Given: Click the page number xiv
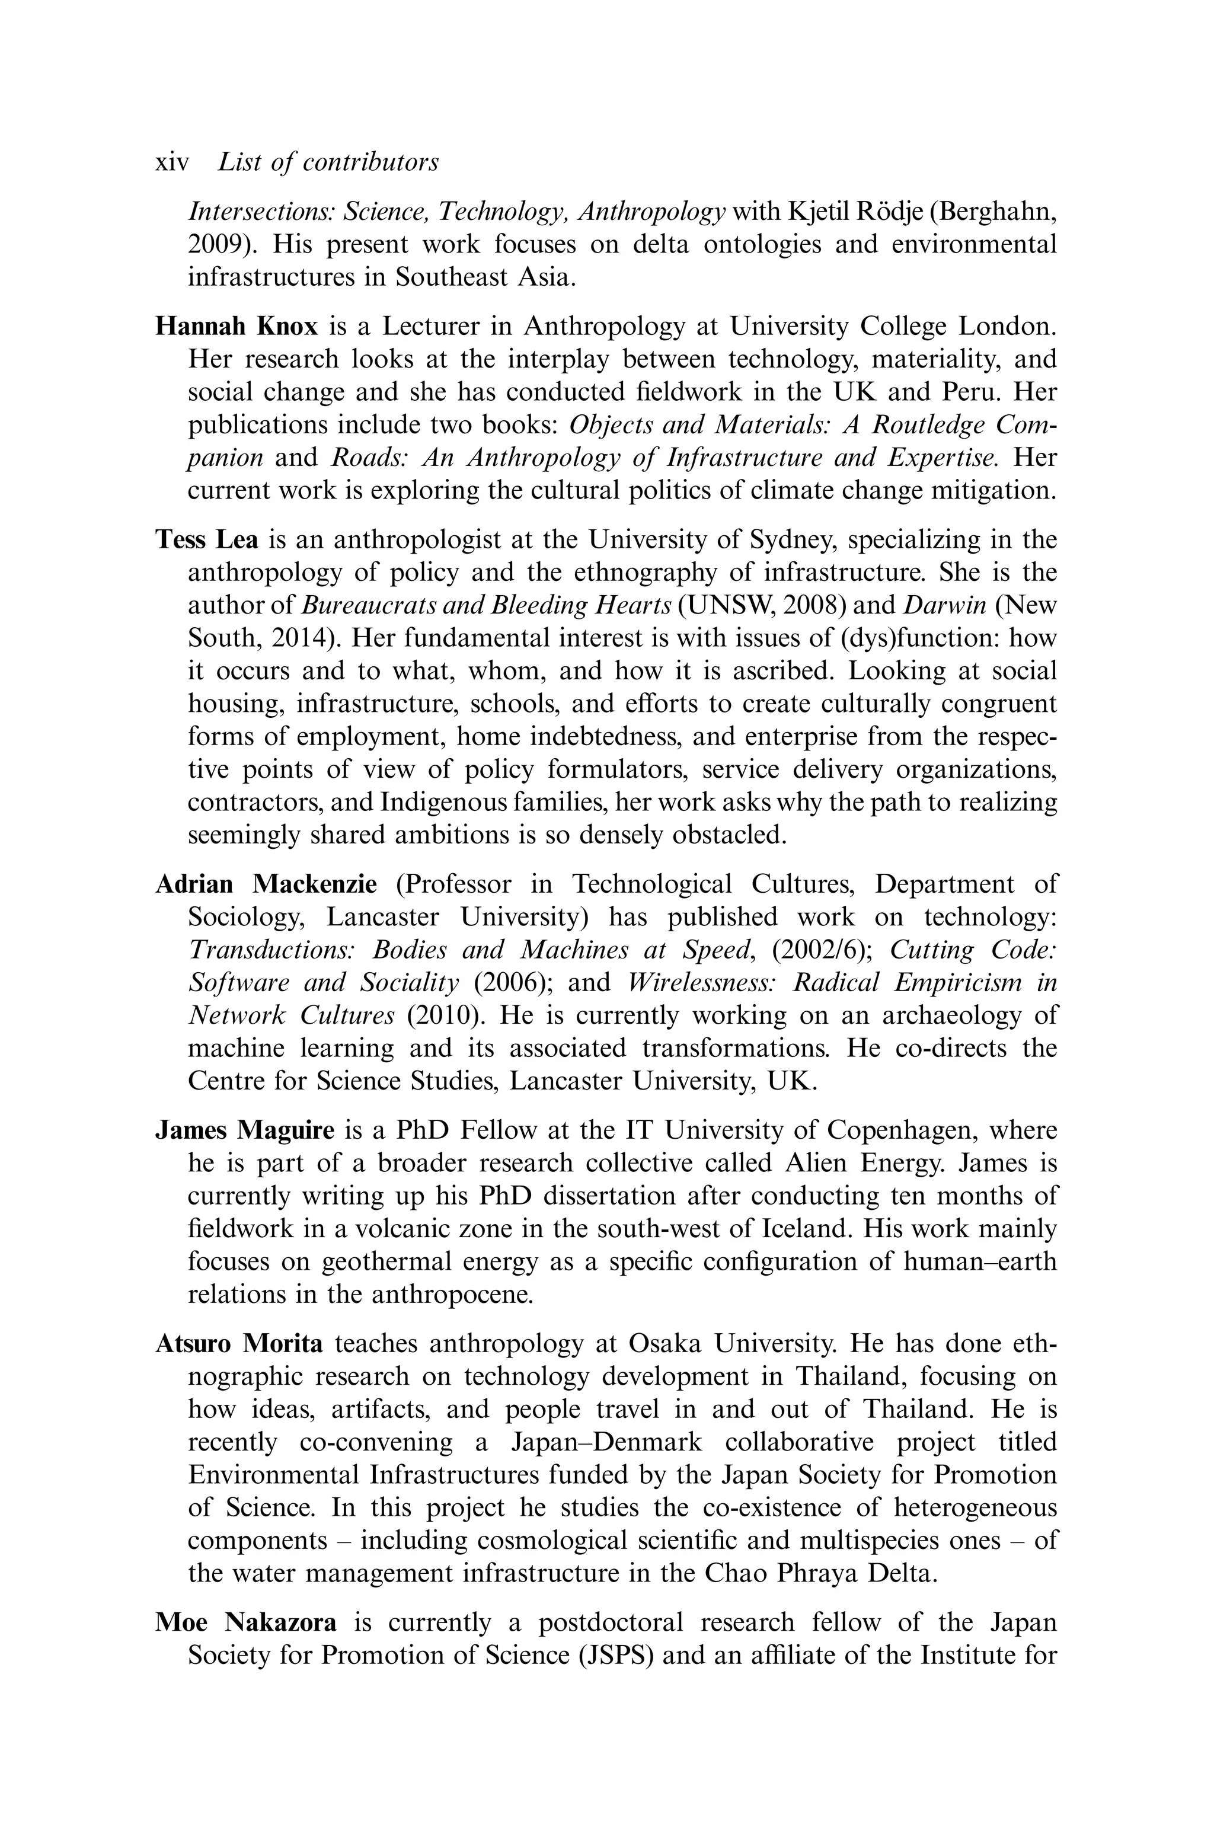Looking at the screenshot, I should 172,162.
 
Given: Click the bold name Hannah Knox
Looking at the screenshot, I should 236,326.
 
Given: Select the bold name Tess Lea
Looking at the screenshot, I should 207,539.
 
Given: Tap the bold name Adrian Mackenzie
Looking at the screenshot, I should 266,883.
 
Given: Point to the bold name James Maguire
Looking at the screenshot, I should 245,1130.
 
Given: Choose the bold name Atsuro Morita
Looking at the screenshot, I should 239,1343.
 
